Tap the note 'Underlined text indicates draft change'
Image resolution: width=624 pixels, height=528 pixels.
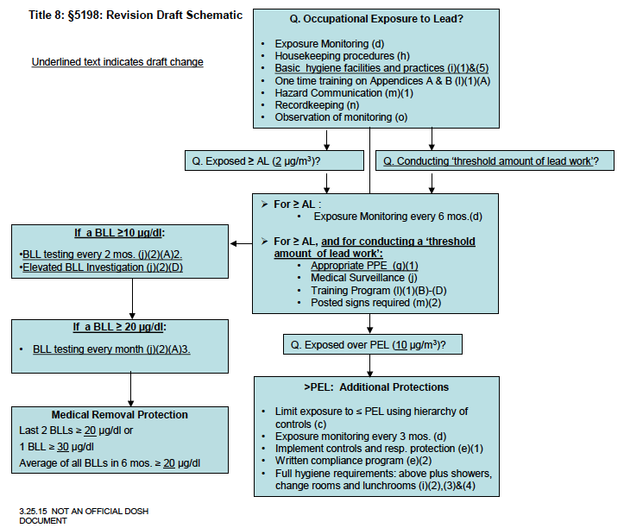(117, 62)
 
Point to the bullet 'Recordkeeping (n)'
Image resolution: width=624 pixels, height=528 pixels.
(318, 104)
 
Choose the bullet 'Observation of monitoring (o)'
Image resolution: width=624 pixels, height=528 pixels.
(341, 116)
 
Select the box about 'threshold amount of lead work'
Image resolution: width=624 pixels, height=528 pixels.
(494, 160)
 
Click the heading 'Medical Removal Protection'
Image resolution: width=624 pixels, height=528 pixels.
(119, 414)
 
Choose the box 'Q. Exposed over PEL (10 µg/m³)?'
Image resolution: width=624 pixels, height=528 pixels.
(371, 345)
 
